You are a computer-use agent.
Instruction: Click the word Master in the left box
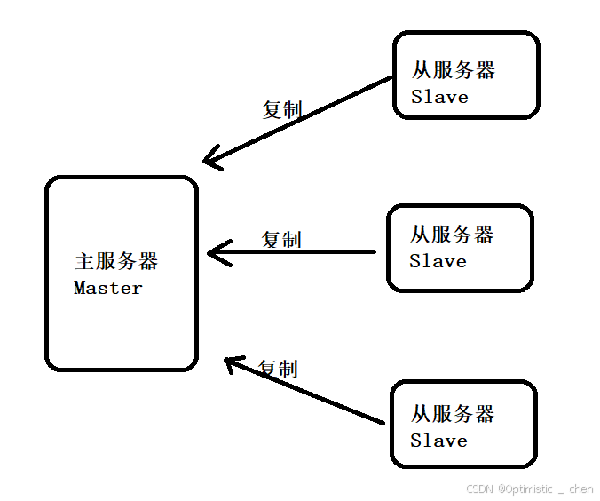107,288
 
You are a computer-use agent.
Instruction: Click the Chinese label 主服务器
116,262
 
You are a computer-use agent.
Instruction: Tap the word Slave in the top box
439,97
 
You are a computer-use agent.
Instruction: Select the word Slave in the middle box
438,261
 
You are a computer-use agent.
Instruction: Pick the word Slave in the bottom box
438,441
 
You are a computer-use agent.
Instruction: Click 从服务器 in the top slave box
453,71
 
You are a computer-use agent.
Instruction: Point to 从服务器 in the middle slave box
451,235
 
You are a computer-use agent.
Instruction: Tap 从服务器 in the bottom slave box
452,414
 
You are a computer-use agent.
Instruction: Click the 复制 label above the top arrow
281,110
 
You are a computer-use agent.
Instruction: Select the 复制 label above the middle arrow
281,240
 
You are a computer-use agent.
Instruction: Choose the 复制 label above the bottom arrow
278,369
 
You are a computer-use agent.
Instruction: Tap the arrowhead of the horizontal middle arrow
215,252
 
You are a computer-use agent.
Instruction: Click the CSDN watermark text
479,489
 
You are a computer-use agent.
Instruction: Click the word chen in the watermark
581,489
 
